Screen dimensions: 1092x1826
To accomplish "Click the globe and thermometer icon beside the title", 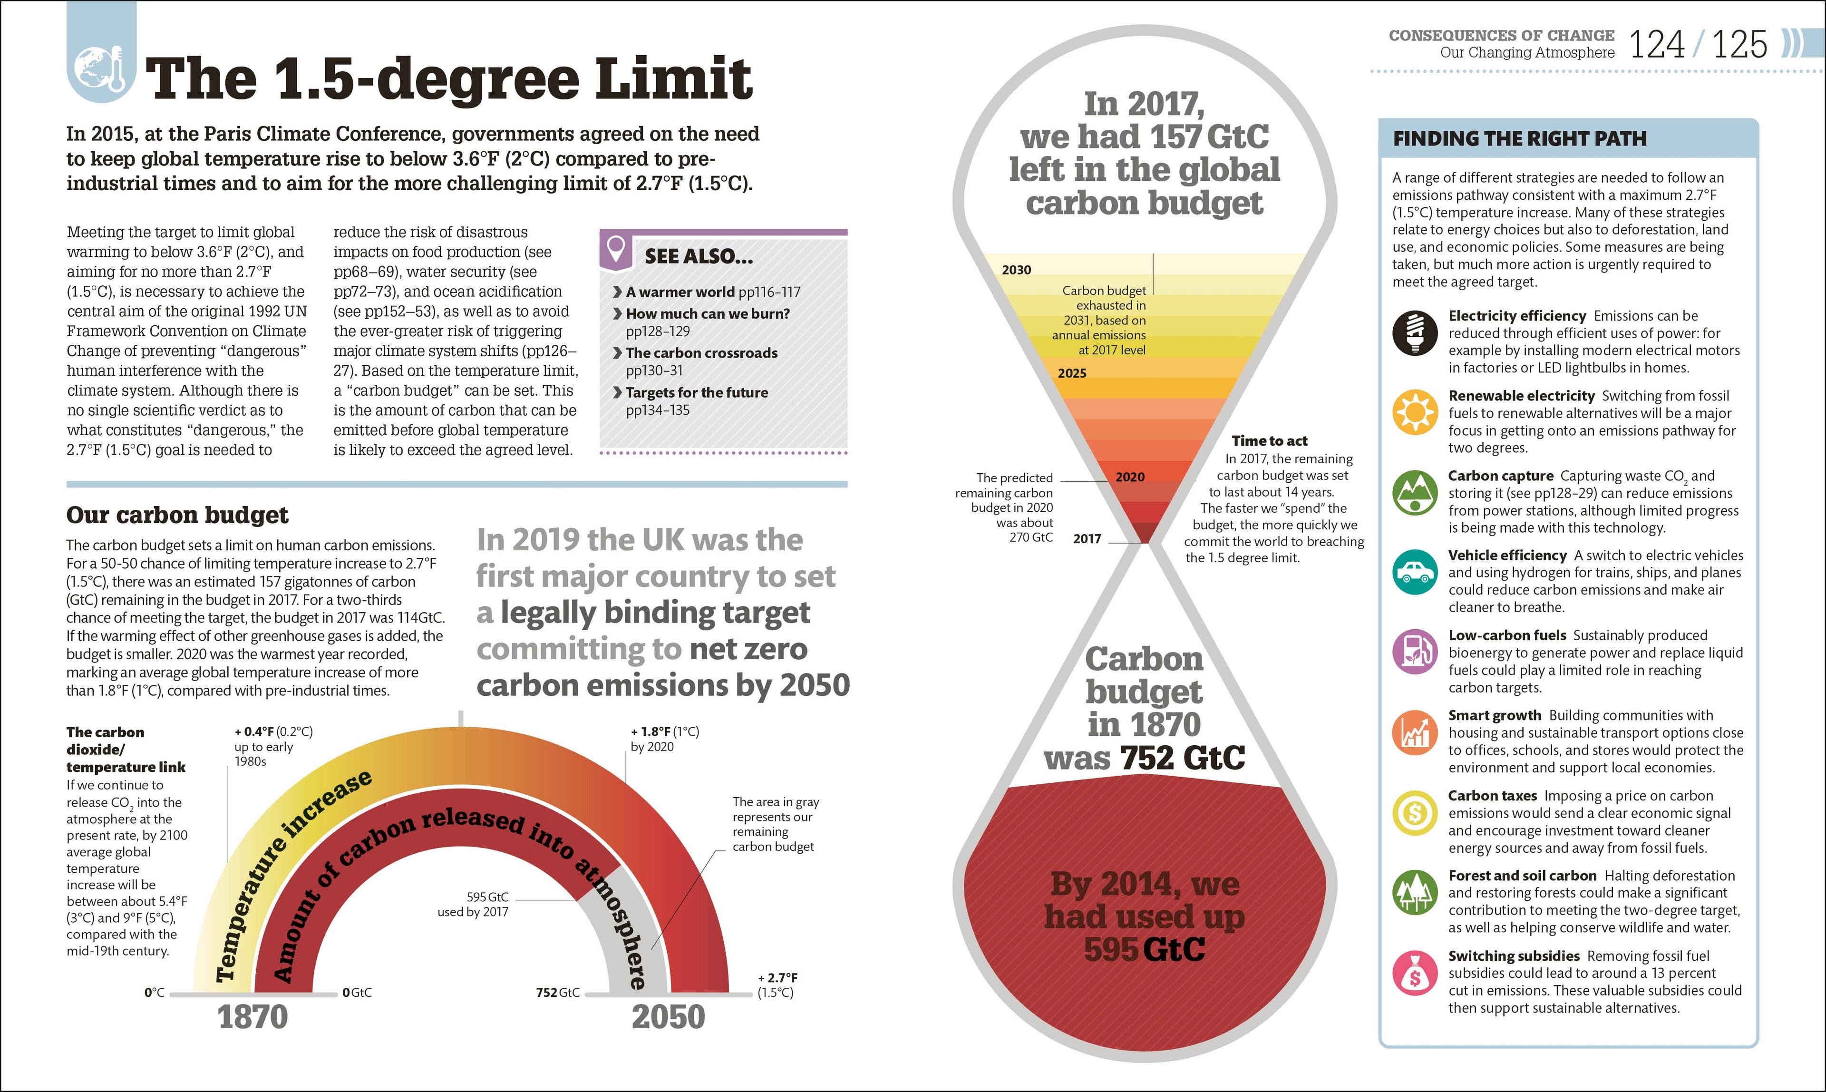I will point(102,70).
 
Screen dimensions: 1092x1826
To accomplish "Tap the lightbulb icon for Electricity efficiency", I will point(1414,332).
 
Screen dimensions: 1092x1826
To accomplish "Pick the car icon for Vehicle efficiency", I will point(1414,572).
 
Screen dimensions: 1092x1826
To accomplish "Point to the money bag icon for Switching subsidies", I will point(1414,973).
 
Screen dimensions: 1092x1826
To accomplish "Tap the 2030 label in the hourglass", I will point(1016,270).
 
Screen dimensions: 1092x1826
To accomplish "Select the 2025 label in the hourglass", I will point(1072,373).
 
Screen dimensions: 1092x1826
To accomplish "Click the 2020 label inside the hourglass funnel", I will point(1130,477).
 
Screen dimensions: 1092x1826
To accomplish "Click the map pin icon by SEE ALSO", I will point(617,248).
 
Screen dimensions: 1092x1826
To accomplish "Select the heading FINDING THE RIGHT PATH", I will point(1519,138).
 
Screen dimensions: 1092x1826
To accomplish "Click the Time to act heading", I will point(1269,441).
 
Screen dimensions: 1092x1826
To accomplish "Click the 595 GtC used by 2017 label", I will point(473,904).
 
